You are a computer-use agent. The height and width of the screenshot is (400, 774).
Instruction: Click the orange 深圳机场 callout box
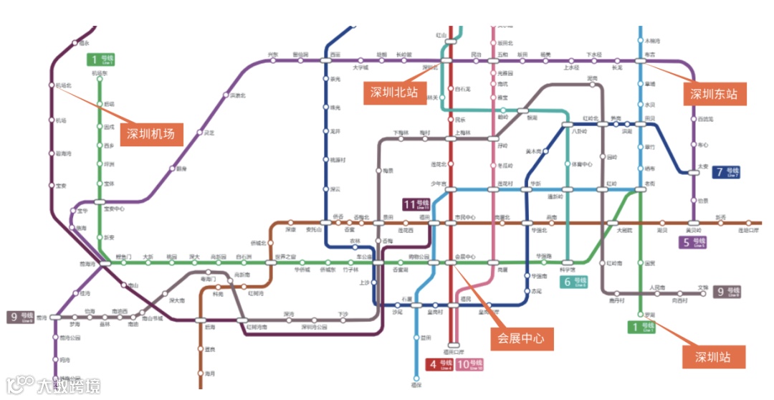[x=151, y=133]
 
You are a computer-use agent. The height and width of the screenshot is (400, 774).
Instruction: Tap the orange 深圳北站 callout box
[x=393, y=93]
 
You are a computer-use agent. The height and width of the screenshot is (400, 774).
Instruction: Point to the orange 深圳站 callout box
[x=712, y=357]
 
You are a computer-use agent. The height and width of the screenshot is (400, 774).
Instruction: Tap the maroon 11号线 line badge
[x=416, y=205]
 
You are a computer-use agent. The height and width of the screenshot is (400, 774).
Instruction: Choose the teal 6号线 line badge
[x=575, y=282]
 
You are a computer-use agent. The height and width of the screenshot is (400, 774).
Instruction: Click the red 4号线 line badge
[x=441, y=365]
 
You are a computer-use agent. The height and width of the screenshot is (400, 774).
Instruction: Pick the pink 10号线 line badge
[x=469, y=365]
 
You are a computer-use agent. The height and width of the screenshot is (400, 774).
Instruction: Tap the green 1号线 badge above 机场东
[x=100, y=59]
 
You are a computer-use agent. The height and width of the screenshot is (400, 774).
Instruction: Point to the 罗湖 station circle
[x=640, y=315]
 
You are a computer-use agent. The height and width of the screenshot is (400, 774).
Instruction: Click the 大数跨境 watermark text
[x=69, y=386]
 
